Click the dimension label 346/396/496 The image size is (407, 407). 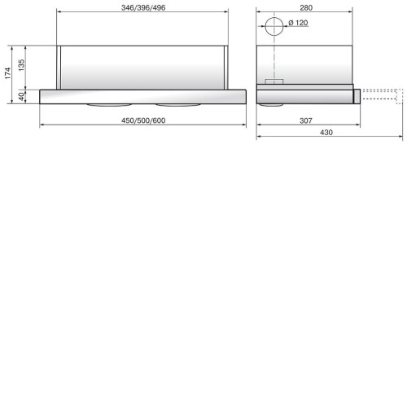pos(143,7)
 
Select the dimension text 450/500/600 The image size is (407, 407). pos(143,120)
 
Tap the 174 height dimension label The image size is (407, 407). pos(7,73)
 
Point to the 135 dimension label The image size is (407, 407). pos(21,65)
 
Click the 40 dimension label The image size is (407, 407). pos(21,97)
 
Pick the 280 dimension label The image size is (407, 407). pos(306,8)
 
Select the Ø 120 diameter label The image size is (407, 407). pos(298,23)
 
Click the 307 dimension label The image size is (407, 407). pos(306,120)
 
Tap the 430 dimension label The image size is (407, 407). pos(326,133)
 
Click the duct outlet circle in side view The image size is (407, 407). pos(274,17)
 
